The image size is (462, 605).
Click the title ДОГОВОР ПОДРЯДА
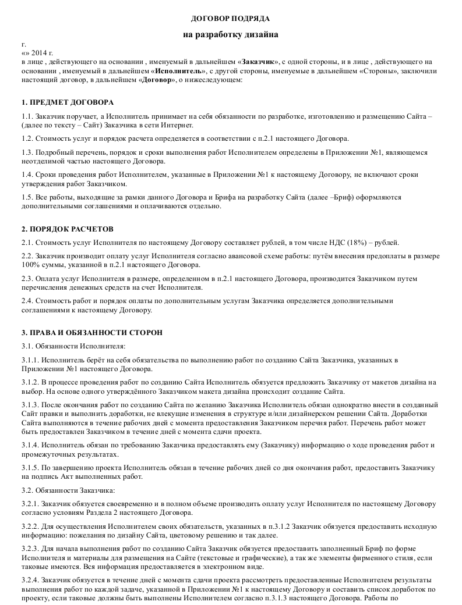231,19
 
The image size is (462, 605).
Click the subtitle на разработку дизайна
231,35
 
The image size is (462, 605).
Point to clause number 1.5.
27,197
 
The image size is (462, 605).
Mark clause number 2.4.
27,301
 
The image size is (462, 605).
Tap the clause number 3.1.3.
30,405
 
